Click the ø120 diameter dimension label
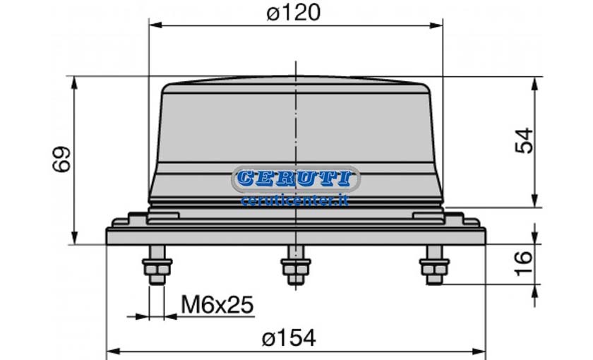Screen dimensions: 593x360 pos(294,13)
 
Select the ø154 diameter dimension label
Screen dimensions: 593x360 pos(289,337)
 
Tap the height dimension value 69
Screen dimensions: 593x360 pos(61,160)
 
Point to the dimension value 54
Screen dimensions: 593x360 pos(525,140)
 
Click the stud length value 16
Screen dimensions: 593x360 pos(524,263)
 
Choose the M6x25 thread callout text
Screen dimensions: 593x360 pos(217,305)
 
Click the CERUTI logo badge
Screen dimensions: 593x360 pos(295,179)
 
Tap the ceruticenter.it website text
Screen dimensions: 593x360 pos(294,200)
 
